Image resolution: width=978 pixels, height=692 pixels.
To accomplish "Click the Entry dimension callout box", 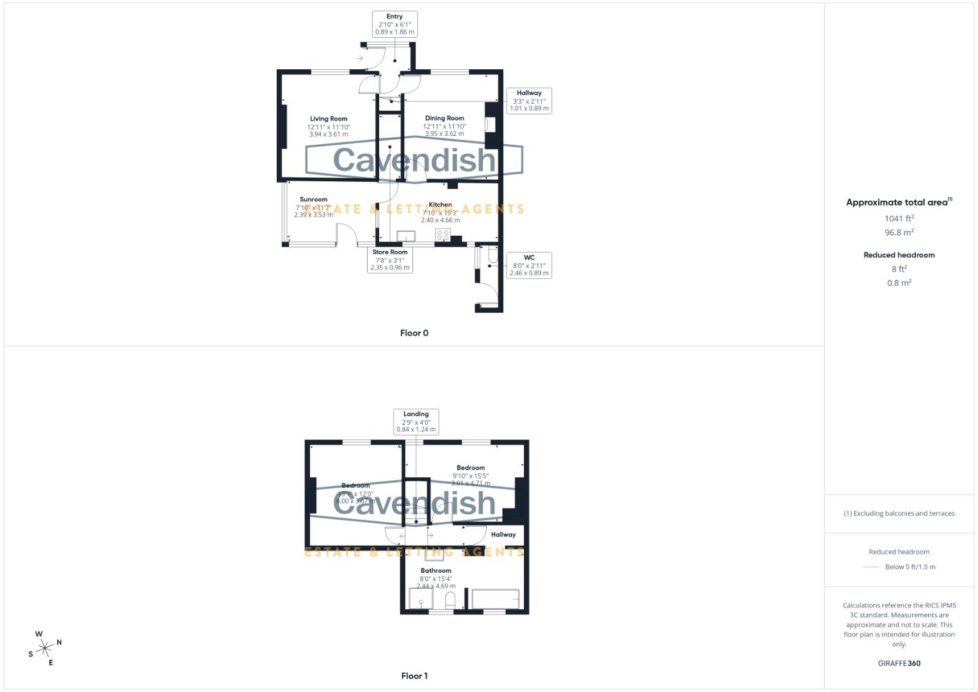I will [395, 24].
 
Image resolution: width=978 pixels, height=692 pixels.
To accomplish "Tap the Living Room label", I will [329, 119].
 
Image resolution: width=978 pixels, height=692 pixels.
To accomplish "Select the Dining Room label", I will [444, 119].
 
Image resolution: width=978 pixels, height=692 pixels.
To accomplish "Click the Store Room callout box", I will [390, 259].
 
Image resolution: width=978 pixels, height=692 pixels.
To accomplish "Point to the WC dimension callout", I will [529, 265].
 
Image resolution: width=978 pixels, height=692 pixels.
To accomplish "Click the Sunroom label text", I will [313, 199].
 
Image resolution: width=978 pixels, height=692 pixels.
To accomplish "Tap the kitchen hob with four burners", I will [443, 235].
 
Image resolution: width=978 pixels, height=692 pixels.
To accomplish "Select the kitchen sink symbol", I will [406, 236].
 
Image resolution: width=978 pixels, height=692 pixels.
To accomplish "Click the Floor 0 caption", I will [414, 333].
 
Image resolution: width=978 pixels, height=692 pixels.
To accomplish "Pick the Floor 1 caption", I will [414, 676].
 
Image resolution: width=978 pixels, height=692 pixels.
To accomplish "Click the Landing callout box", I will [416, 422].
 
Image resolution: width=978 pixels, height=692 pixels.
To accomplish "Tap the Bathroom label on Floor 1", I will [436, 570].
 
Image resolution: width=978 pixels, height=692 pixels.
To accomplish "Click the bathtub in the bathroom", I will [495, 598].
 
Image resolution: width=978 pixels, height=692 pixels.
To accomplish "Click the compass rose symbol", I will [45, 648].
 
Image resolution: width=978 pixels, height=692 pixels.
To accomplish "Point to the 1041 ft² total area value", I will [899, 218].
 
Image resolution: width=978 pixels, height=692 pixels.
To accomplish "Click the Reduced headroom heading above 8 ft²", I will [899, 255].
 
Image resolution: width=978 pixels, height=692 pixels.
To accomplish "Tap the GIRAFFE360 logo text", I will [899, 664].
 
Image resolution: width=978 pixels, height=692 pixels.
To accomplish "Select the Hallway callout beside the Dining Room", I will [529, 101].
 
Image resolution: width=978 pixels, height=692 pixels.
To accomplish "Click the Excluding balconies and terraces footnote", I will [899, 513].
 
